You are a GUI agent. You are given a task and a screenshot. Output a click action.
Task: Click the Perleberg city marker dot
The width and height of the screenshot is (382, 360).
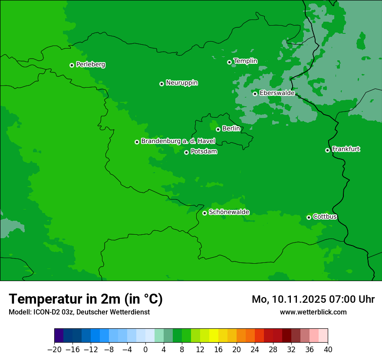click(x=72, y=65)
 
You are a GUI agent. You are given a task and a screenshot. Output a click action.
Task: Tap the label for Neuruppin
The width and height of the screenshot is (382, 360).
click(x=182, y=83)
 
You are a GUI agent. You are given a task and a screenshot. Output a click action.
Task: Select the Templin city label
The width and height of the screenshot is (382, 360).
click(x=246, y=61)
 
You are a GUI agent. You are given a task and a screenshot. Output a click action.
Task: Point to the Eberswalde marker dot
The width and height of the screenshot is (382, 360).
click(x=255, y=94)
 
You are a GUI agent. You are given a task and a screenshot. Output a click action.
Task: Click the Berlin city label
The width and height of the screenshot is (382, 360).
click(x=231, y=129)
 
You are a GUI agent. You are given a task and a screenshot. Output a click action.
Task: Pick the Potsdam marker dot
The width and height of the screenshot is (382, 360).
click(x=186, y=152)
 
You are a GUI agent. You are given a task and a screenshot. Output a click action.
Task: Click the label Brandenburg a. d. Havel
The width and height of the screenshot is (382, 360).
click(x=178, y=141)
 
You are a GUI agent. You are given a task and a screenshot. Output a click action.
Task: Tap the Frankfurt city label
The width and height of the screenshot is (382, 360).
click(x=346, y=149)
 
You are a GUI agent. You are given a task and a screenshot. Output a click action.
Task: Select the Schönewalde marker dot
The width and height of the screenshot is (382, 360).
click(x=204, y=213)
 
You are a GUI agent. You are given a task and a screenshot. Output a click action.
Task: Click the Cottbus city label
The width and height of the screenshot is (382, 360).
click(x=325, y=216)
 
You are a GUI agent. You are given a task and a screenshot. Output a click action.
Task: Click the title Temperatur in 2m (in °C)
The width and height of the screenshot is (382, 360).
click(x=86, y=299)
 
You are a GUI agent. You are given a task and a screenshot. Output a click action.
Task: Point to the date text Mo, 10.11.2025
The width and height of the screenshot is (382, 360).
click(x=290, y=299)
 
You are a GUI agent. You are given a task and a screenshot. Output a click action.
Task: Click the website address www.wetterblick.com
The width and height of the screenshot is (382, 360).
click(x=313, y=312)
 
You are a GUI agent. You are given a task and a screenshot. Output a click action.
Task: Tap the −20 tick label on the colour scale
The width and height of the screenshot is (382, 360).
click(x=54, y=350)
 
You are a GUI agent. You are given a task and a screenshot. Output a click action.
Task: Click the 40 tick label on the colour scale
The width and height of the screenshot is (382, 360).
click(x=328, y=350)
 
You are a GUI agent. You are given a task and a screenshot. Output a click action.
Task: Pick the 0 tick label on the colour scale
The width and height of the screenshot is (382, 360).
click(x=145, y=350)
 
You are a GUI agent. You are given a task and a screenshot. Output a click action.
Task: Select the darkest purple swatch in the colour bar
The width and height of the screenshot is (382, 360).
click(x=59, y=336)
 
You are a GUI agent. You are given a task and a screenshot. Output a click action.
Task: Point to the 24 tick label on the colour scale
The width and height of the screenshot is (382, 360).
click(x=255, y=350)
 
